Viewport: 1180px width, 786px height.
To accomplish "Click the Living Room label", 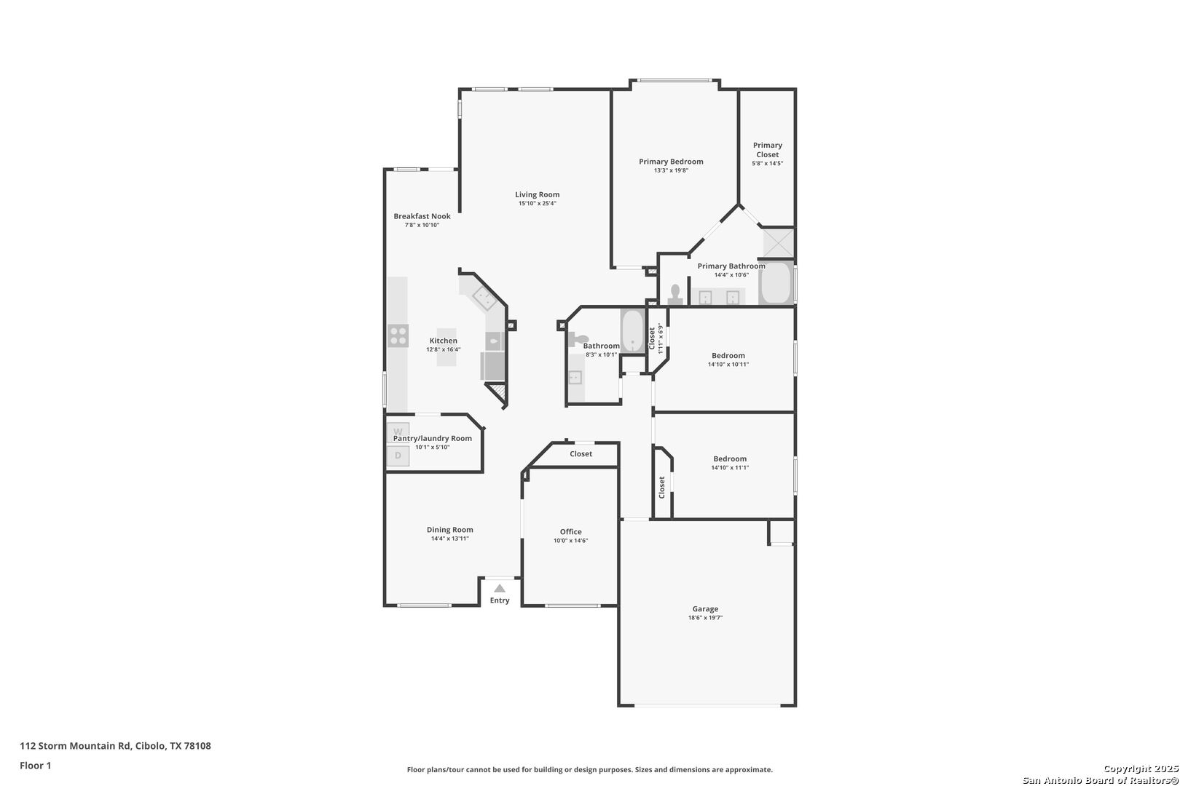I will click(537, 194).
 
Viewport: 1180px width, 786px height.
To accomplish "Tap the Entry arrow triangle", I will click(499, 588).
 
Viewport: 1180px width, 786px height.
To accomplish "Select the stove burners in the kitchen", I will click(398, 336).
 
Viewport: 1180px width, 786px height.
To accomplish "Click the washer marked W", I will click(398, 432).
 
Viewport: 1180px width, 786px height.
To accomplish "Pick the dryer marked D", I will click(398, 456).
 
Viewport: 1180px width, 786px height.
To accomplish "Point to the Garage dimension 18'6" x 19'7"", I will click(705, 618).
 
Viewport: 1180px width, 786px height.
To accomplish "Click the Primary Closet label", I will click(767, 149).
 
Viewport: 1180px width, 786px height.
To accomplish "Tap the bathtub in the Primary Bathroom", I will click(776, 284).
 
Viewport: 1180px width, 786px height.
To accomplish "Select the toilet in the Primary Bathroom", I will click(675, 293).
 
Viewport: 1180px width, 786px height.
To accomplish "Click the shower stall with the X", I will click(777, 242).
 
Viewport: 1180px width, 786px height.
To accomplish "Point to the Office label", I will click(570, 532).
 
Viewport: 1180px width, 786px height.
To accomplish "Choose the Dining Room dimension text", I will click(449, 539).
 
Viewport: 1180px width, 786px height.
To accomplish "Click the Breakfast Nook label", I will click(422, 216).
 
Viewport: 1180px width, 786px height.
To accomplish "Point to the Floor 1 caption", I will click(35, 766).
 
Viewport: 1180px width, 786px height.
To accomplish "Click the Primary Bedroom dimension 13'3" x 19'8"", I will click(671, 170).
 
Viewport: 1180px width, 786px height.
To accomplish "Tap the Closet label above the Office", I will click(581, 454).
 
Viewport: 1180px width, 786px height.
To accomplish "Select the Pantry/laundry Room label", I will click(433, 438).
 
